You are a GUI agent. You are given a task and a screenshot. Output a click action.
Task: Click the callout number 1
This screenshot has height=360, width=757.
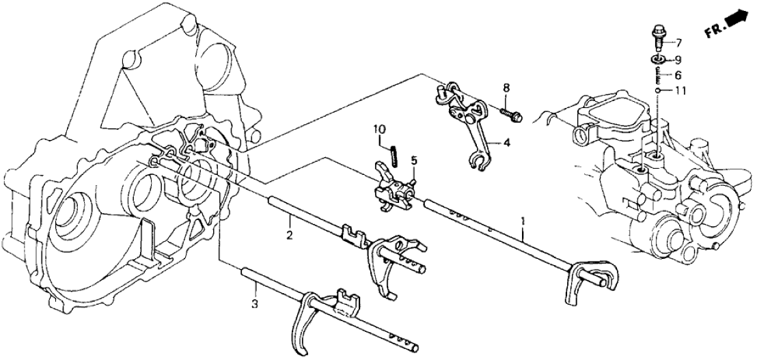click(x=523, y=222)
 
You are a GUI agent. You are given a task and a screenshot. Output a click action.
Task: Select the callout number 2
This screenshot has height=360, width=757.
click(x=290, y=236)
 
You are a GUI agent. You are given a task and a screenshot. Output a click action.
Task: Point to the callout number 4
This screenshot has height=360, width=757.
click(x=506, y=143)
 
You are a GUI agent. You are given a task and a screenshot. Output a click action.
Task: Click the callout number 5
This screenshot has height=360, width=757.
click(x=414, y=161)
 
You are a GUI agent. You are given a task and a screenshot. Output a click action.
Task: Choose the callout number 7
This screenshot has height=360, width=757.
click(x=679, y=42)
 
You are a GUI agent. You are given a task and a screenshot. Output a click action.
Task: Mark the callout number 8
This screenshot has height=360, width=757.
click(x=506, y=87)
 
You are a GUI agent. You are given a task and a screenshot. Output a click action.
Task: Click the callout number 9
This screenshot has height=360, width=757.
click(x=679, y=59)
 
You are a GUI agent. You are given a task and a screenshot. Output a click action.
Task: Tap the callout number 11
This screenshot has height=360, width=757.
click(x=680, y=91)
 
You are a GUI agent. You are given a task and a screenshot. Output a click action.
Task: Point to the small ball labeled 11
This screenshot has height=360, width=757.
click(x=657, y=90)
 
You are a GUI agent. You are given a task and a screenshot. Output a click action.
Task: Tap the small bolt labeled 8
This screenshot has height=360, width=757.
click(x=512, y=114)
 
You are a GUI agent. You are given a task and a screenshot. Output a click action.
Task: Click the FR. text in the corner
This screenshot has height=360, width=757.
click(x=713, y=33)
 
